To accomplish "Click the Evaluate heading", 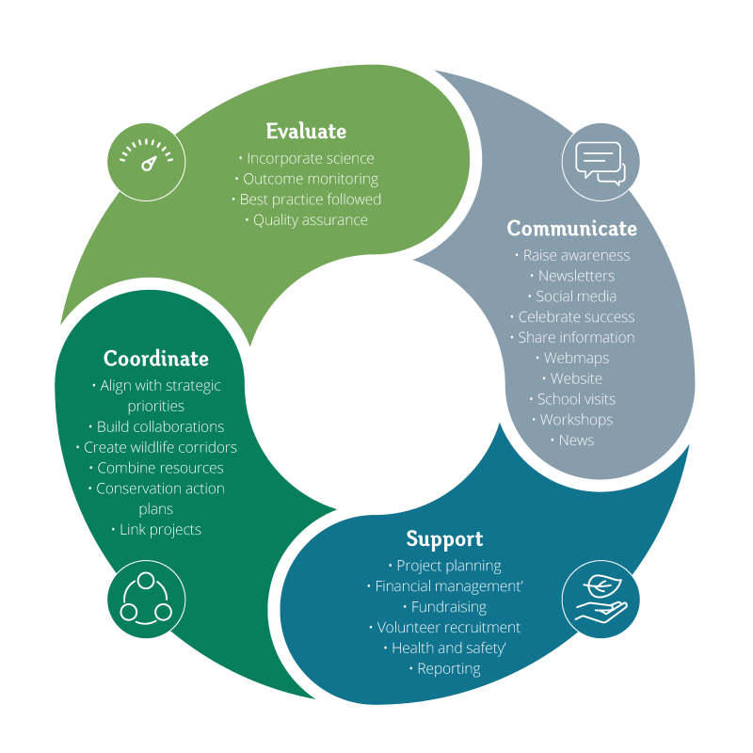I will tap(306, 131).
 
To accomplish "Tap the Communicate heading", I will tap(571, 229).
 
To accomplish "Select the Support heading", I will tap(444, 538).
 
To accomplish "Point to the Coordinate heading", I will tap(156, 359).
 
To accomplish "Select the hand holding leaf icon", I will tap(601, 600).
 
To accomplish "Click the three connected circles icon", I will tap(146, 600).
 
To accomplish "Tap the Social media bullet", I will tap(575, 296).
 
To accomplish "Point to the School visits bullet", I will tap(575, 399).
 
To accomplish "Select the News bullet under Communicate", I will tap(575, 441).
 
